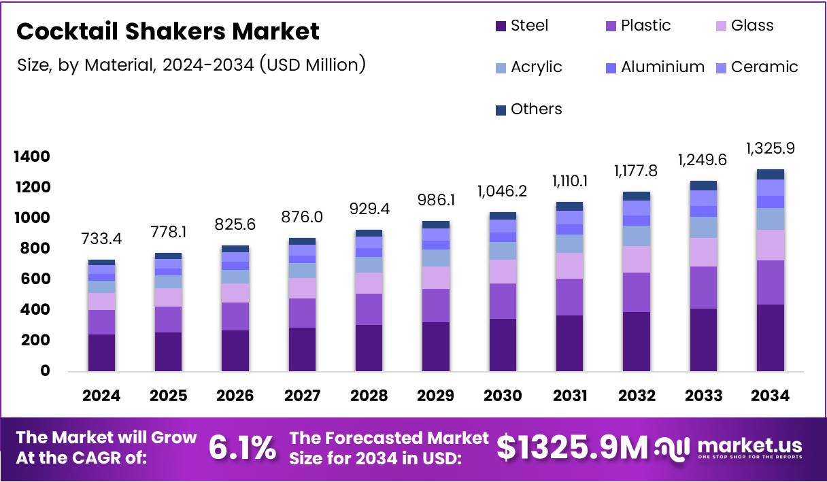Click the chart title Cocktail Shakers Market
tap(167, 31)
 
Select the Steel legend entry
tap(521, 26)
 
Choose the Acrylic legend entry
tap(528, 67)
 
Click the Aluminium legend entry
tap(654, 67)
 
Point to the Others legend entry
tap(528, 109)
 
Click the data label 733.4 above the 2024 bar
tap(101, 239)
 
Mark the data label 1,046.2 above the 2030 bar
tap(501, 192)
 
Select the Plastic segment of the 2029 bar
tap(435, 305)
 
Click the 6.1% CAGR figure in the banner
tap(242, 448)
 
